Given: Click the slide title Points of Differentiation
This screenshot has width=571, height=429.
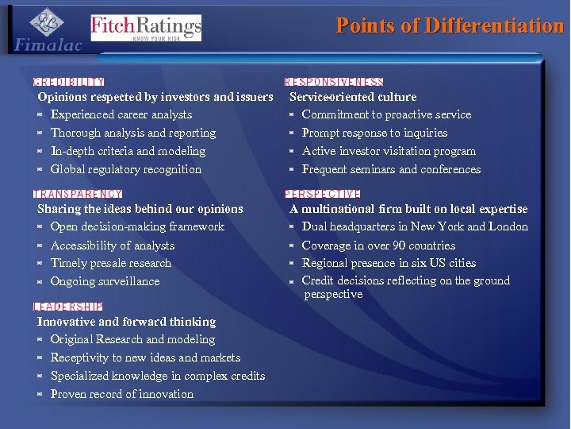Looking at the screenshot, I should coord(450,25).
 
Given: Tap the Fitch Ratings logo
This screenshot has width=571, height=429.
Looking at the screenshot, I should coord(146,27).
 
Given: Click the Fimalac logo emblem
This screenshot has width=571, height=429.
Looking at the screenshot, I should coord(47,23).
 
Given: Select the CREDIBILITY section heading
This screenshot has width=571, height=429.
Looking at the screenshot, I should coord(69,81).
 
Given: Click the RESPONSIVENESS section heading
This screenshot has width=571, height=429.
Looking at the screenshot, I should coord(334,81).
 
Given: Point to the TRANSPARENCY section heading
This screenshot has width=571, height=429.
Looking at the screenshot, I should coord(78,193).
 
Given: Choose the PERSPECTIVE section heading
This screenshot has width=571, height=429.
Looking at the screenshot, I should coord(323,193).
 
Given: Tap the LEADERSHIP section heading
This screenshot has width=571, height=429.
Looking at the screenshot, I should coord(68,306).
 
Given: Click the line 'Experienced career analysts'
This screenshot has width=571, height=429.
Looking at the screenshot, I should coord(121,115).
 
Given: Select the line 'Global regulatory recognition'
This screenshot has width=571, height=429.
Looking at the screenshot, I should coord(126,169).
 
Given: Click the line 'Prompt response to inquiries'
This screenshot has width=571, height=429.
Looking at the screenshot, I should coord(374,133).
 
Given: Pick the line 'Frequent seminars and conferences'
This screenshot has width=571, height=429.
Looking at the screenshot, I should coord(391,169).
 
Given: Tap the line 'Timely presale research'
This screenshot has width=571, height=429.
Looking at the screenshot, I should coord(111,263).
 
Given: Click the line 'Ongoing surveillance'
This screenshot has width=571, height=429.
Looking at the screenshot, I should coord(105,281).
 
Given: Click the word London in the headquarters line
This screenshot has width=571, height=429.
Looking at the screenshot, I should coord(508,226).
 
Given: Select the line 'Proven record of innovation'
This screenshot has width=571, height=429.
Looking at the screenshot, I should coord(122,394).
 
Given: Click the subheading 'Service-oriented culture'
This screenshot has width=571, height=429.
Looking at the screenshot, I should coord(353,97).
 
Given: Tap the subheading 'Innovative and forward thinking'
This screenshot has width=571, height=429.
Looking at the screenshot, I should coord(127,322).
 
